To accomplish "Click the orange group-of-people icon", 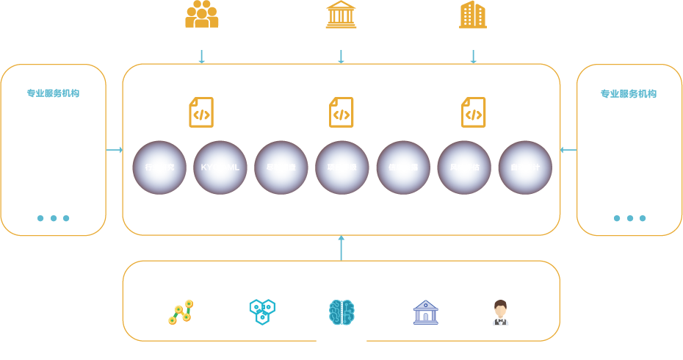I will [201, 15].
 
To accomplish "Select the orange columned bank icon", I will [341, 15].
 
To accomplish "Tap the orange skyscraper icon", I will [473, 15].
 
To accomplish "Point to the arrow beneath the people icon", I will [201, 57].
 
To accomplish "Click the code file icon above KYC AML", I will [201, 112].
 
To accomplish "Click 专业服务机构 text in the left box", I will [53, 93].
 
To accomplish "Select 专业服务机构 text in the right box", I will [629, 93].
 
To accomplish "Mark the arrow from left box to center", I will [114, 150].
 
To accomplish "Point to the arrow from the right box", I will [568, 150].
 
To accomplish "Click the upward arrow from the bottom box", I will [341, 248].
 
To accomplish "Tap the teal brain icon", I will [341, 312].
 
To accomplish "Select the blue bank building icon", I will [426, 312].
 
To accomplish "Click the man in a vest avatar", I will [501, 312].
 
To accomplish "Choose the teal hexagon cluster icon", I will [262, 312].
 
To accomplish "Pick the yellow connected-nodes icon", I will [181, 312].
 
